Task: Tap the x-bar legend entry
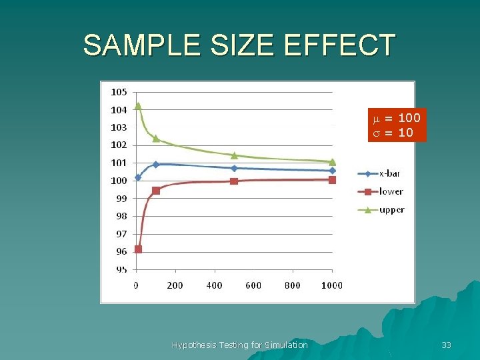point(379,173)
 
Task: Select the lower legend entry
point(380,192)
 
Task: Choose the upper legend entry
point(381,210)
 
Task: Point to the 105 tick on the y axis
point(119,92)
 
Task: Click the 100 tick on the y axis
point(119,181)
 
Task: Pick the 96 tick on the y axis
point(121,252)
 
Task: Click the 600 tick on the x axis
point(253,285)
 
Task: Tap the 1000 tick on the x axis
point(331,285)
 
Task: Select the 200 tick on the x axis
point(175,285)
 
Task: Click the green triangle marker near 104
point(138,105)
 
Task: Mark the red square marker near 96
point(138,249)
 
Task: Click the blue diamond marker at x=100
point(156,164)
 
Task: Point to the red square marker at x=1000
point(332,180)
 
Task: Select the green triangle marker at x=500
point(234,155)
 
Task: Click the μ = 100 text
point(397,119)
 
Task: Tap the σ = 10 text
point(393,133)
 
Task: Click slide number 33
point(446,345)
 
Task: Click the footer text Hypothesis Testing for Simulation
point(239,345)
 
